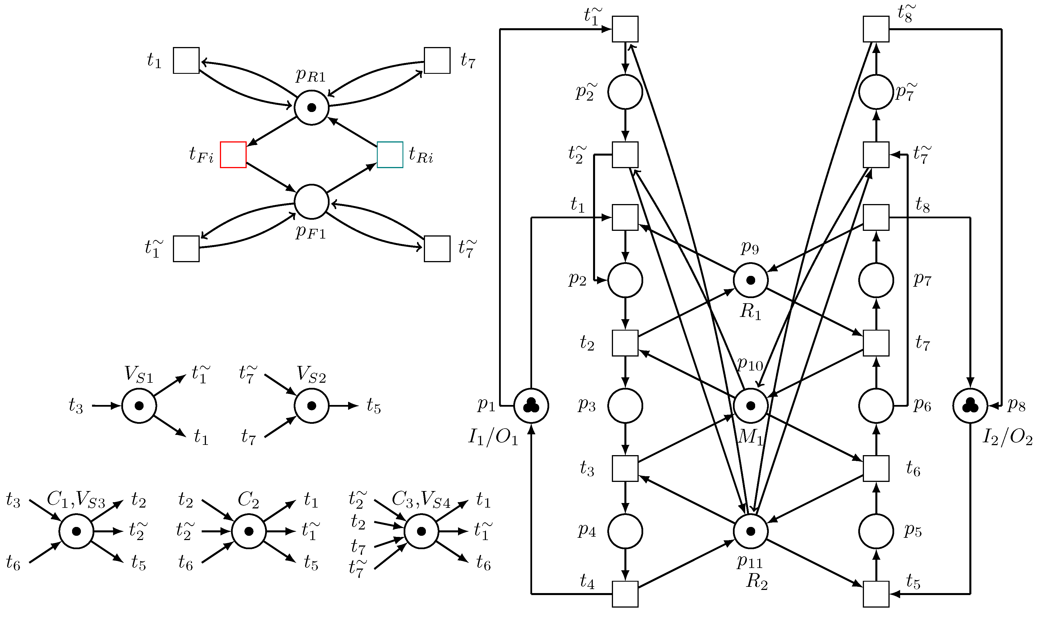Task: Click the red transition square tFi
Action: click(x=233, y=155)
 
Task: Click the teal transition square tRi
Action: click(x=390, y=155)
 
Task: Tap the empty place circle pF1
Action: click(x=311, y=202)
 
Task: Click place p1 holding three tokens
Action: click(x=531, y=406)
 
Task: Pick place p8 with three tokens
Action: click(x=970, y=406)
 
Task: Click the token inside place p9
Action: click(x=751, y=280)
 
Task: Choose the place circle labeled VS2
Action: click(x=311, y=406)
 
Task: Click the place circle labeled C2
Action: click(x=248, y=531)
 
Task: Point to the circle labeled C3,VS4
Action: click(x=421, y=531)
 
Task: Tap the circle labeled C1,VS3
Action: click(x=76, y=531)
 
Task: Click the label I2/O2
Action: click(x=1007, y=437)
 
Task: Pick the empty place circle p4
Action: click(x=625, y=531)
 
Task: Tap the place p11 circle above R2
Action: click(x=751, y=531)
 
